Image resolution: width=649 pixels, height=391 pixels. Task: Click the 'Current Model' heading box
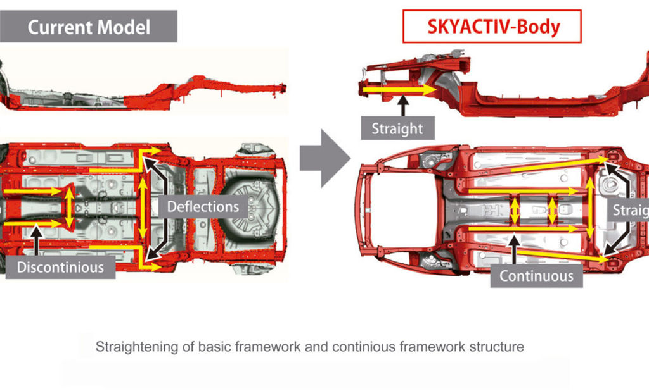point(88,27)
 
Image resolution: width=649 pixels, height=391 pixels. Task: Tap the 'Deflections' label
point(202,206)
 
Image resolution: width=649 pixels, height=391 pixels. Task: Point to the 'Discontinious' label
point(60,267)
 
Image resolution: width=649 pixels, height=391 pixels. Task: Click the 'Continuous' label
point(536,276)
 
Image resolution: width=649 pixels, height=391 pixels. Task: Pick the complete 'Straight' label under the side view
point(397,128)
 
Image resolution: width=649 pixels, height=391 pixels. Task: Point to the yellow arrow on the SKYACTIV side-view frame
point(399,90)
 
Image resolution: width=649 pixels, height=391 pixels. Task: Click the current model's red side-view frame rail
point(209,95)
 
